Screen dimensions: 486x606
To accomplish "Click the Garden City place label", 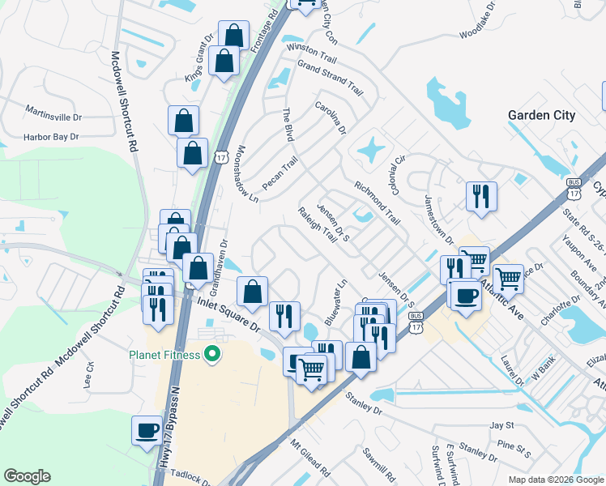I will [x=541, y=115].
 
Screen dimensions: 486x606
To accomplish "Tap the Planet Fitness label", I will [x=162, y=354].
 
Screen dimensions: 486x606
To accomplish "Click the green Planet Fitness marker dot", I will [x=212, y=353].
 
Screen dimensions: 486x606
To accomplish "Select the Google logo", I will [x=27, y=476].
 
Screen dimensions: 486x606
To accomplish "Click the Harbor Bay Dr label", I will [x=50, y=137].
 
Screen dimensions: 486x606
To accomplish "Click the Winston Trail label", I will [x=311, y=50].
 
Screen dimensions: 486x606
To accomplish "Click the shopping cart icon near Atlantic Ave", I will [x=507, y=279].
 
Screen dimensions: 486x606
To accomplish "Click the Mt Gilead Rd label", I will [x=311, y=459].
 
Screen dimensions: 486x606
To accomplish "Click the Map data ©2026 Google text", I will [x=555, y=480].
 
